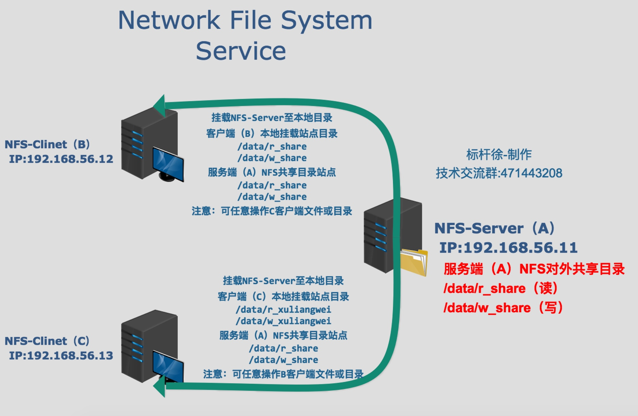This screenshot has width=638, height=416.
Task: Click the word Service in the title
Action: pos(241,51)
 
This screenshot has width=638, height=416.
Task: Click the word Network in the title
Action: pos(169,20)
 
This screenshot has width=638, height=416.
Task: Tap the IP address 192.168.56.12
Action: pos(70,159)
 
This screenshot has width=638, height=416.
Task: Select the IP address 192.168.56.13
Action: pos(70,356)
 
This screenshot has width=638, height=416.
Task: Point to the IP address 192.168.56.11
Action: pos(520,248)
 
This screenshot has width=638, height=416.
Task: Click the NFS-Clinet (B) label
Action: pos(47,144)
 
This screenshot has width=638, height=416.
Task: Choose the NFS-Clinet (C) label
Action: pos(47,341)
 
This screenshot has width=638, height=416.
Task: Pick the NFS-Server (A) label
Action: pos(495,228)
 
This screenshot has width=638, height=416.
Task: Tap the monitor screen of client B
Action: pos(168,163)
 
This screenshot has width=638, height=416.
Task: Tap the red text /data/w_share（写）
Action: pos(503,308)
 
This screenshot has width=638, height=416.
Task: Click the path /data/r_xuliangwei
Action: pos(283,310)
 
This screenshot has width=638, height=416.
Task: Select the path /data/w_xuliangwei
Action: pos(283,321)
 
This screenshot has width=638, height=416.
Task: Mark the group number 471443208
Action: pos(531,173)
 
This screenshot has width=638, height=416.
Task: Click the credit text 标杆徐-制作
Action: pos(499,155)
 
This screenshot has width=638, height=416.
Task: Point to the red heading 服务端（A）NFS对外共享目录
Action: pos(534,269)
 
